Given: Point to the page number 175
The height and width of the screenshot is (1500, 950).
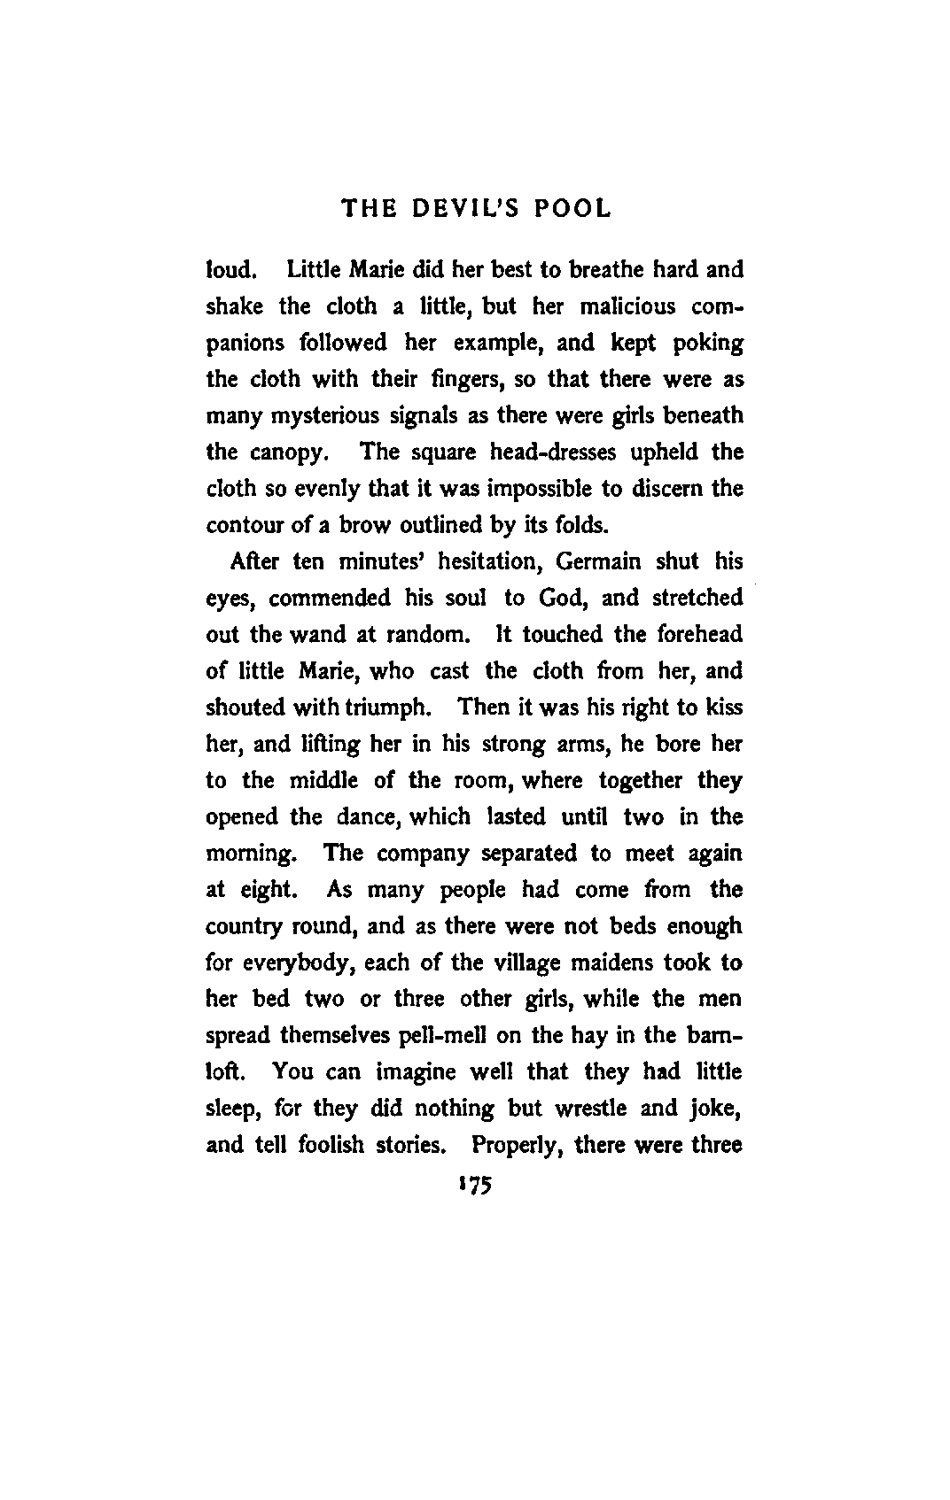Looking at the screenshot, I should [x=475, y=1185].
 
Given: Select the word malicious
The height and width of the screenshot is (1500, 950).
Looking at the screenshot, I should [x=627, y=306].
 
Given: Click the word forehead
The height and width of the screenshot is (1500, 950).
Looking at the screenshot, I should [x=699, y=635].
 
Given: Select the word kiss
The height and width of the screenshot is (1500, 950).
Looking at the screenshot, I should [x=725, y=707].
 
